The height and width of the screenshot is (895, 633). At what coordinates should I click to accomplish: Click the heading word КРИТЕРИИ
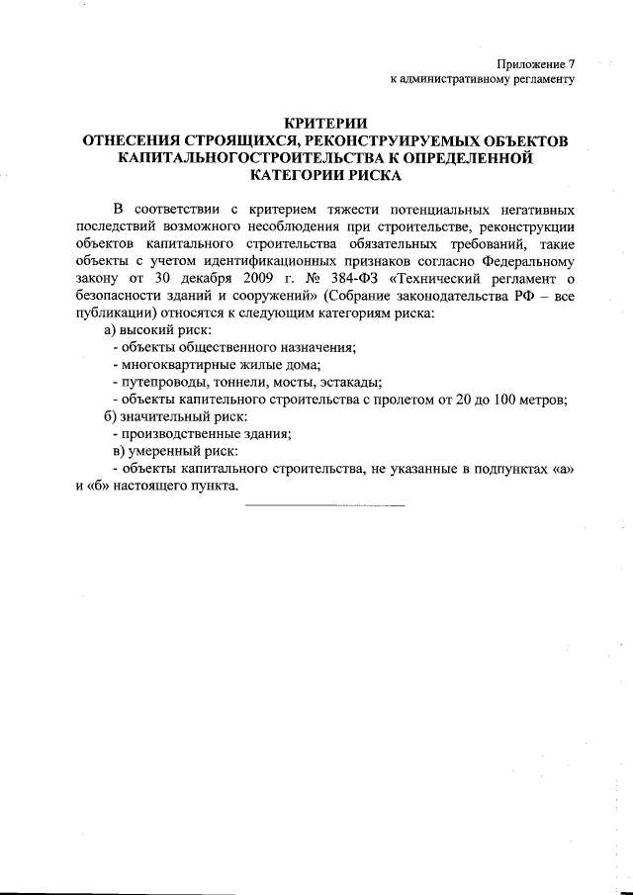click(x=325, y=123)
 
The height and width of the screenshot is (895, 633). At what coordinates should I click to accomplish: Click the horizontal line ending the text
click(x=324, y=506)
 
